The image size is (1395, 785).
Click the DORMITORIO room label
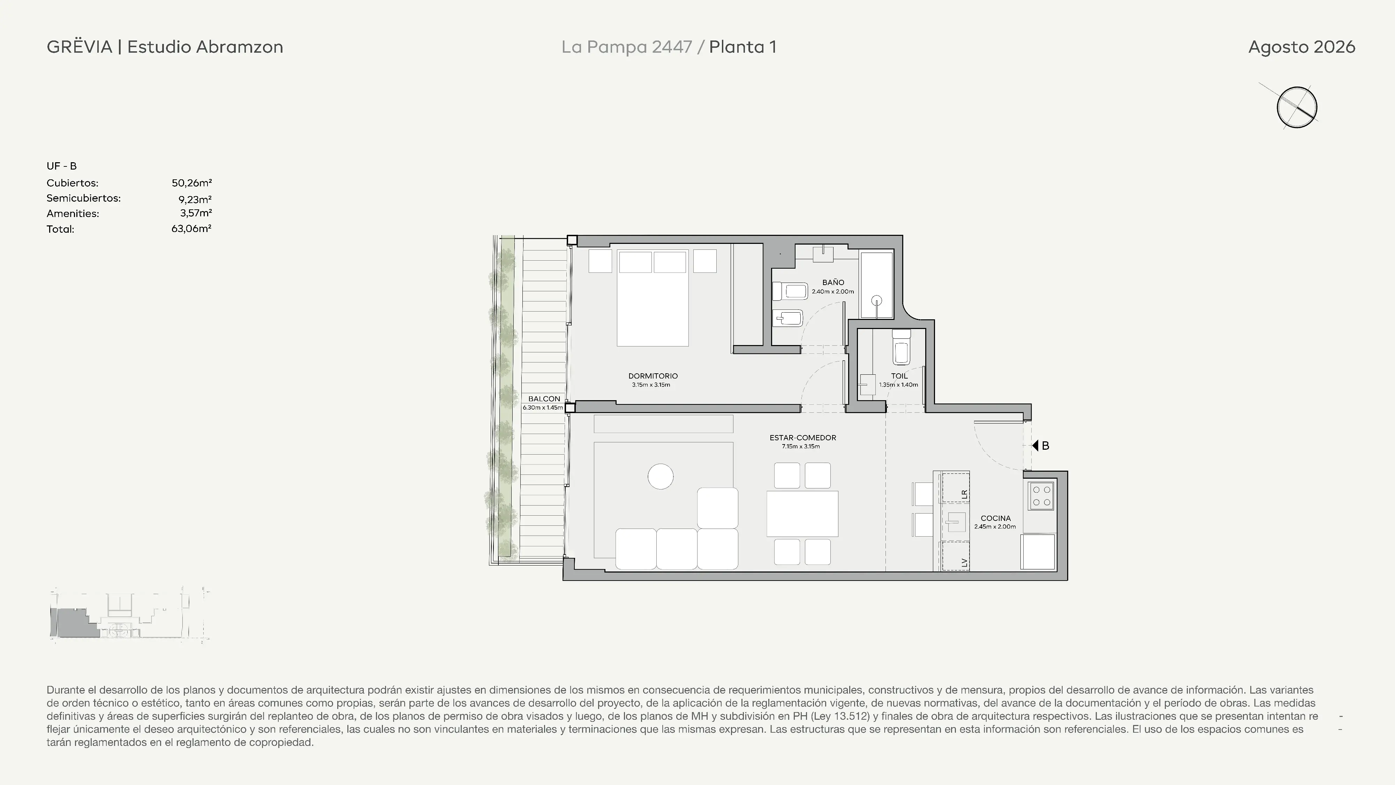click(653, 376)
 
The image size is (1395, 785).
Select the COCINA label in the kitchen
click(995, 518)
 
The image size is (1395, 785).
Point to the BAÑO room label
click(833, 282)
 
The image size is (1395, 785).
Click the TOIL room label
click(899, 376)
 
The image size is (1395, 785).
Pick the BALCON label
click(544, 399)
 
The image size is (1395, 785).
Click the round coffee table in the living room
click(661, 477)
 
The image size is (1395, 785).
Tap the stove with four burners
click(1041, 496)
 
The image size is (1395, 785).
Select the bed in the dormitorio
click(653, 298)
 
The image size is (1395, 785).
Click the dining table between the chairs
click(802, 514)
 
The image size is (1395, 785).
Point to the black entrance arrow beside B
click(1035, 445)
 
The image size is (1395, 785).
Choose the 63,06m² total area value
click(191, 229)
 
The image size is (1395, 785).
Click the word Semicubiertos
click(83, 198)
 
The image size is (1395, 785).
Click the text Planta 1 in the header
click(742, 47)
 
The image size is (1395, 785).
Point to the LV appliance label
click(964, 563)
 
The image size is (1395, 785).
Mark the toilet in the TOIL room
click(902, 347)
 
